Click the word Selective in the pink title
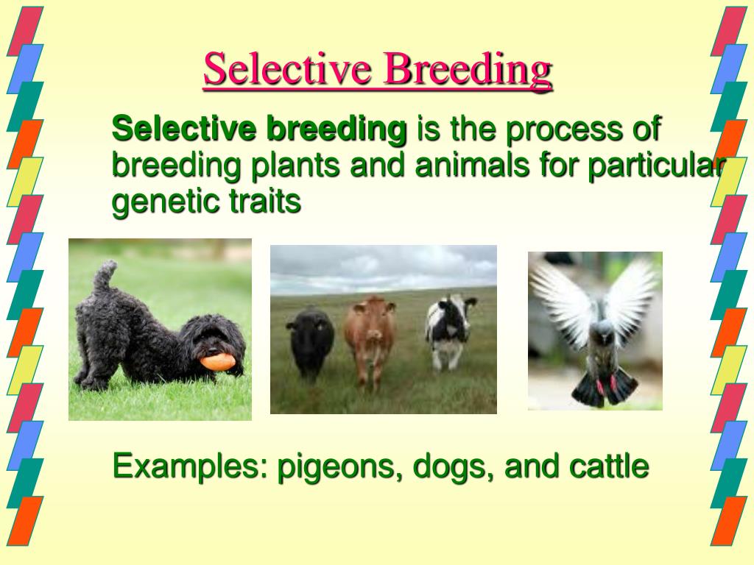click(288, 68)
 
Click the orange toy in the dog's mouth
click(218, 362)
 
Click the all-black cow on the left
click(310, 341)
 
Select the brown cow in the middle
click(370, 338)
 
